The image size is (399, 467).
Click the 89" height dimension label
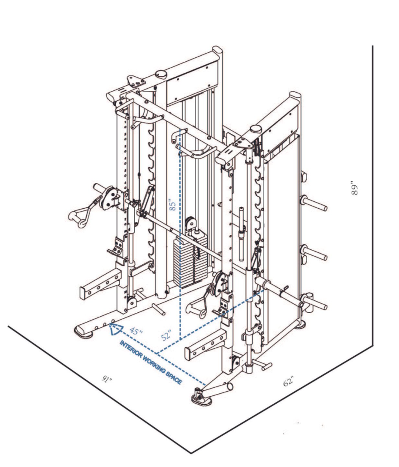354,187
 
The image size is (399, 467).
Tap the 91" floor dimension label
107,379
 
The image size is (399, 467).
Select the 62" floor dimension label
288,381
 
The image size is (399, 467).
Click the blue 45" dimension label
136,331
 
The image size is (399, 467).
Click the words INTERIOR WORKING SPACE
150,362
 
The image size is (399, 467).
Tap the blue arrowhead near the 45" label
115,329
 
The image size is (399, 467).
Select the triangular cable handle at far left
78,216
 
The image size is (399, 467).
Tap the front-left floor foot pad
83,331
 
